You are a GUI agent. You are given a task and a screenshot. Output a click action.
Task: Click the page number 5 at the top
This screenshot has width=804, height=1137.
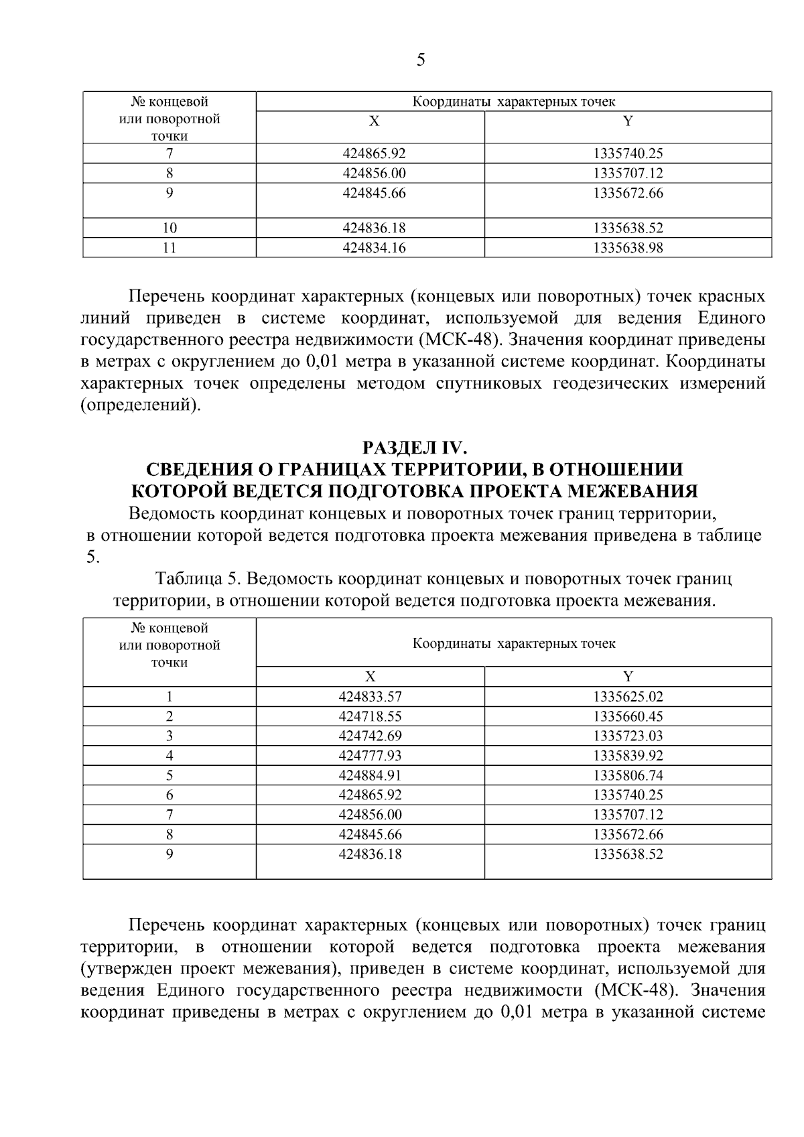click(420, 60)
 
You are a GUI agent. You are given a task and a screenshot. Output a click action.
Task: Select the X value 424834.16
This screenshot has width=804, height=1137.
click(374, 248)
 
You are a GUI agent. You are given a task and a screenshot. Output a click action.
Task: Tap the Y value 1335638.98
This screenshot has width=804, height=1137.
click(628, 248)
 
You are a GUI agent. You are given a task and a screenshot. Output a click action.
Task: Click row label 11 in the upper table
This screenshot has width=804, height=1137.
click(170, 248)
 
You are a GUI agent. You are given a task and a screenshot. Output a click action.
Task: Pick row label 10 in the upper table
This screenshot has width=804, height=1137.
click(170, 228)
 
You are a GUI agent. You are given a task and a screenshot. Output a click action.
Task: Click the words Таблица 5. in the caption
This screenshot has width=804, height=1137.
click(194, 578)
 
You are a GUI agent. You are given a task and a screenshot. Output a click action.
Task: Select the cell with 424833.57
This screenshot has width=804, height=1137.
click(370, 697)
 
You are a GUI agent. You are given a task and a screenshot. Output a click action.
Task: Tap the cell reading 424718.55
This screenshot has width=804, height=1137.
click(370, 716)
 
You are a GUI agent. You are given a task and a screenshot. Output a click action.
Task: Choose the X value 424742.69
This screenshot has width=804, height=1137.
click(370, 736)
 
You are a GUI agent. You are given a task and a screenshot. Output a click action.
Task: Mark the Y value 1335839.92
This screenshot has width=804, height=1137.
click(628, 756)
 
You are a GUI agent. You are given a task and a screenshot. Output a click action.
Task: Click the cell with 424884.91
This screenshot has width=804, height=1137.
click(370, 776)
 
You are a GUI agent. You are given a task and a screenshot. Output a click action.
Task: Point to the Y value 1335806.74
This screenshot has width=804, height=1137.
click(628, 776)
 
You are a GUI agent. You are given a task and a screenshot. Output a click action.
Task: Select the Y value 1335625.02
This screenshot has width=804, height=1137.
click(628, 697)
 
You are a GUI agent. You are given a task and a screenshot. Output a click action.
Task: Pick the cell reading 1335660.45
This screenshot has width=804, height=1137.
click(628, 716)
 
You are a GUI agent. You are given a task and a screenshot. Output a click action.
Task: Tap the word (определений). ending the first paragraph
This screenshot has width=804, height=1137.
click(141, 406)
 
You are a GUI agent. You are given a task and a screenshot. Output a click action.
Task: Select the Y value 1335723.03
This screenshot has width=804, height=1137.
click(628, 736)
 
